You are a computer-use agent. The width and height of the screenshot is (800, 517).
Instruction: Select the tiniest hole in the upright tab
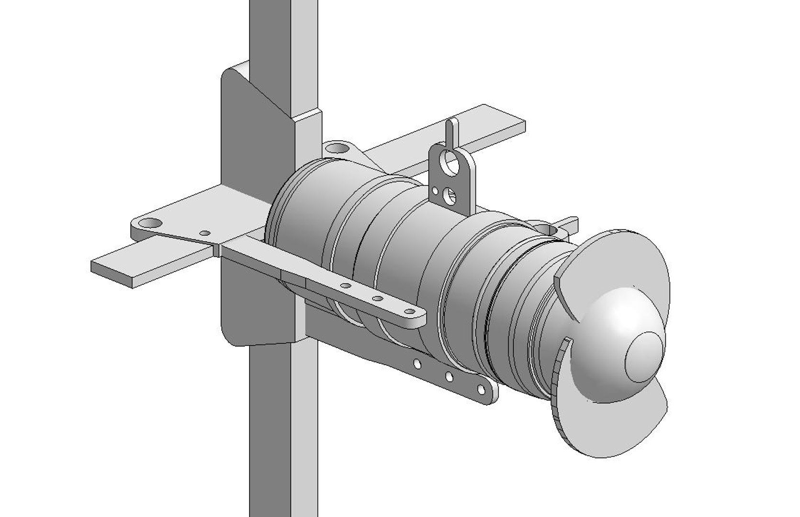coord(435,191)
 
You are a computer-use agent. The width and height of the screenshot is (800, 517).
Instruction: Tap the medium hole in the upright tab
coord(450,194)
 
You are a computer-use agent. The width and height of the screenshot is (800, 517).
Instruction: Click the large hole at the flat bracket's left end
coord(152,223)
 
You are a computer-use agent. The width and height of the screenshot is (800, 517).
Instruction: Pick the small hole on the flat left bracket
coord(204,233)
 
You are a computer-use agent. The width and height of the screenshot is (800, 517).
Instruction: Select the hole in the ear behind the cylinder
coord(338,148)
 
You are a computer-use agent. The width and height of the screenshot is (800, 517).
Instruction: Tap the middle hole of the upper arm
coord(377,299)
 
